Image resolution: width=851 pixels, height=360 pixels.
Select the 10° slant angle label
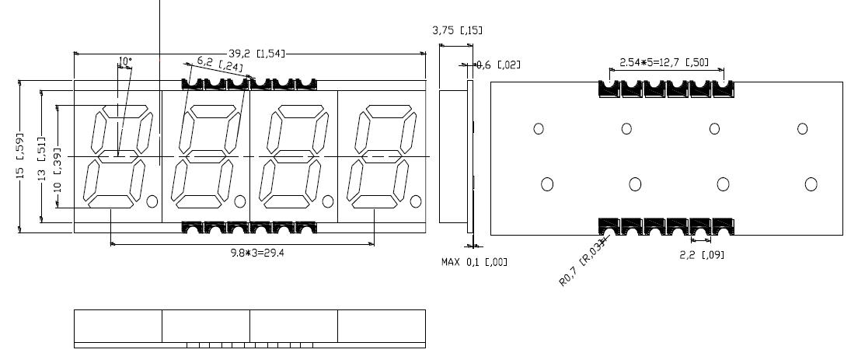[124, 61]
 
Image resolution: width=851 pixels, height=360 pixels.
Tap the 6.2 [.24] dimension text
[219, 64]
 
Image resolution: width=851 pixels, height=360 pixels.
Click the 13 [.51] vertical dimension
[42, 156]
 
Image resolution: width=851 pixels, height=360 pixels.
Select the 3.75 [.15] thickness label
[457, 30]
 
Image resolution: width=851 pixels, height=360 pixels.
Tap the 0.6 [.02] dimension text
[497, 65]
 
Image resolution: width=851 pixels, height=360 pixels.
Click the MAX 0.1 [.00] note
[474, 262]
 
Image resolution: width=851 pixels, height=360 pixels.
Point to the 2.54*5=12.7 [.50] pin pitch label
[663, 61]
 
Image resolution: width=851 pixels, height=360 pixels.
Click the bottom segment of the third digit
[287, 202]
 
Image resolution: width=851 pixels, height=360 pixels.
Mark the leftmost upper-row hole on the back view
[538, 128]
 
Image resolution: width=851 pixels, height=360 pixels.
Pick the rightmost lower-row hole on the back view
[811, 183]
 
